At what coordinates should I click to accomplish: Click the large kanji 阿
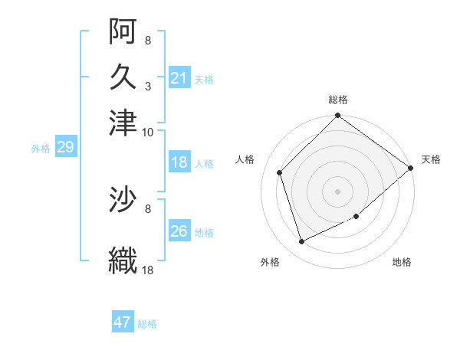(123, 31)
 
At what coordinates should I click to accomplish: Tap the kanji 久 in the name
(123, 77)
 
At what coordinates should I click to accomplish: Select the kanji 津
(123, 123)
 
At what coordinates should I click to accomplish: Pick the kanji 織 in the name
(123, 260)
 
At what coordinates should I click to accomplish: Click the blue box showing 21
(179, 77)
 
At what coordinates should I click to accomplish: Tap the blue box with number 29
(66, 146)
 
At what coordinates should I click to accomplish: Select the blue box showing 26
(179, 230)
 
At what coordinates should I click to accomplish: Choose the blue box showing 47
(123, 321)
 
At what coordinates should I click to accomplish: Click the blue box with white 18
(179, 162)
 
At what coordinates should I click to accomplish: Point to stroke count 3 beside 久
(148, 87)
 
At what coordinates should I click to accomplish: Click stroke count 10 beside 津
(147, 133)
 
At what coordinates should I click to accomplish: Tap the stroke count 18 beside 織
(147, 270)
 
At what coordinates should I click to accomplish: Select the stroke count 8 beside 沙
(148, 209)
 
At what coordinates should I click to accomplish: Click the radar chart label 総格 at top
(338, 100)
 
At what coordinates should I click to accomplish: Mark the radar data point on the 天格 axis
(410, 168)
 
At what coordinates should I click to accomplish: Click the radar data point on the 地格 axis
(356, 216)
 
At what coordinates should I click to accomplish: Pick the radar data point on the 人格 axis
(280, 172)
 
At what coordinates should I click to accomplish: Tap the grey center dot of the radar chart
(337, 191)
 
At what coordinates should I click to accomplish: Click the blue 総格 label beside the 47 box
(147, 324)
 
